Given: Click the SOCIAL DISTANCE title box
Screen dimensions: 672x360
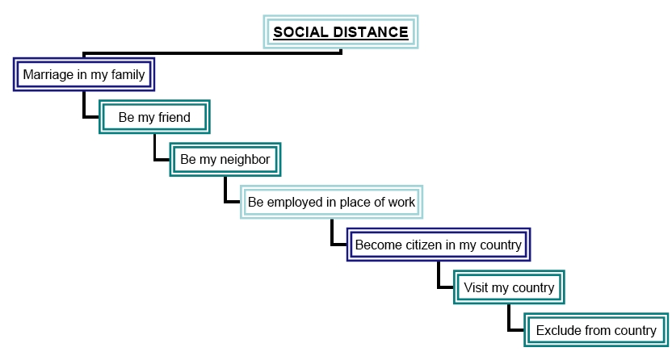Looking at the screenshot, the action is [x=341, y=32].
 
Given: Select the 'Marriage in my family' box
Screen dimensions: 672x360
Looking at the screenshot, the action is [x=84, y=74].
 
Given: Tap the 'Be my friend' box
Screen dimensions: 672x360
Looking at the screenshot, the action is [x=154, y=117].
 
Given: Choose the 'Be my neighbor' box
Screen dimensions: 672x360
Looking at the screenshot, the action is [x=225, y=159].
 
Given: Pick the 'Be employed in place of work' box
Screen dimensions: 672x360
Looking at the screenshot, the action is [x=331, y=202].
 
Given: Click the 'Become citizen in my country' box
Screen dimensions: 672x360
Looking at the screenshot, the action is [x=439, y=245].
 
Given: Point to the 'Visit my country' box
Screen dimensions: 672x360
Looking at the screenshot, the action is [x=509, y=287].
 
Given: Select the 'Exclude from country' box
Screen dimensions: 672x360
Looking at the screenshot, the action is [x=596, y=330].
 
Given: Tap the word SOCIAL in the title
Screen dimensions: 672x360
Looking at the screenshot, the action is [x=300, y=32].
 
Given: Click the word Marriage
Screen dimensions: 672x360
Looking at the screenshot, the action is [x=48, y=75].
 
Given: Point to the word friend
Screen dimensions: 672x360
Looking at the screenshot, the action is [x=174, y=117].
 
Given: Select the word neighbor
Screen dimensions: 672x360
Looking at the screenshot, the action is [x=245, y=160].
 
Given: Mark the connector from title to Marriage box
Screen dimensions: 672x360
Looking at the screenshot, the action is [x=212, y=53].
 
